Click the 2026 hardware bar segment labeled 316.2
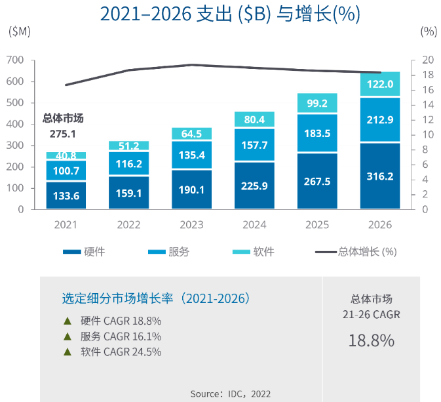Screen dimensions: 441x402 (x=380, y=176)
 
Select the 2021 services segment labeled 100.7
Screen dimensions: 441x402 (x=66, y=171)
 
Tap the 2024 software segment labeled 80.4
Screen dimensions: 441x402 (x=254, y=119)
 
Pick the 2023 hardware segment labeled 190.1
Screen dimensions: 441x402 (x=192, y=190)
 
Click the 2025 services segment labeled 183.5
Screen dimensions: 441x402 (x=317, y=133)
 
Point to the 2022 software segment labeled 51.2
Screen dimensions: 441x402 (x=129, y=146)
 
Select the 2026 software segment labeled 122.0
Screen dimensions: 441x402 (x=380, y=84)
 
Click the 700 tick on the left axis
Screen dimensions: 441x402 (x=15, y=60)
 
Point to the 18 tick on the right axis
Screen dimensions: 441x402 (x=428, y=75)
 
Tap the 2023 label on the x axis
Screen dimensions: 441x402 (x=191, y=225)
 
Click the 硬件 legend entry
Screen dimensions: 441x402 (x=84, y=251)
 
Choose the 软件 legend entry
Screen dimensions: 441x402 (x=254, y=251)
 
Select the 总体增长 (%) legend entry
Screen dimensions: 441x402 (x=356, y=252)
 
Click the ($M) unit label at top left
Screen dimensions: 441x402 (x=20, y=31)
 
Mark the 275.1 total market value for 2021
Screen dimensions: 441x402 (x=63, y=134)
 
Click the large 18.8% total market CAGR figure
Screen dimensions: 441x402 (x=372, y=340)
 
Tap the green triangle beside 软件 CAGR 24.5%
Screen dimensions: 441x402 (x=67, y=352)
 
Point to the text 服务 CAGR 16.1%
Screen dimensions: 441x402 (x=121, y=336)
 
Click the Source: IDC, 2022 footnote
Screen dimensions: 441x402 (x=231, y=393)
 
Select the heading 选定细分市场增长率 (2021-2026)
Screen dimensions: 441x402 (x=156, y=298)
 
